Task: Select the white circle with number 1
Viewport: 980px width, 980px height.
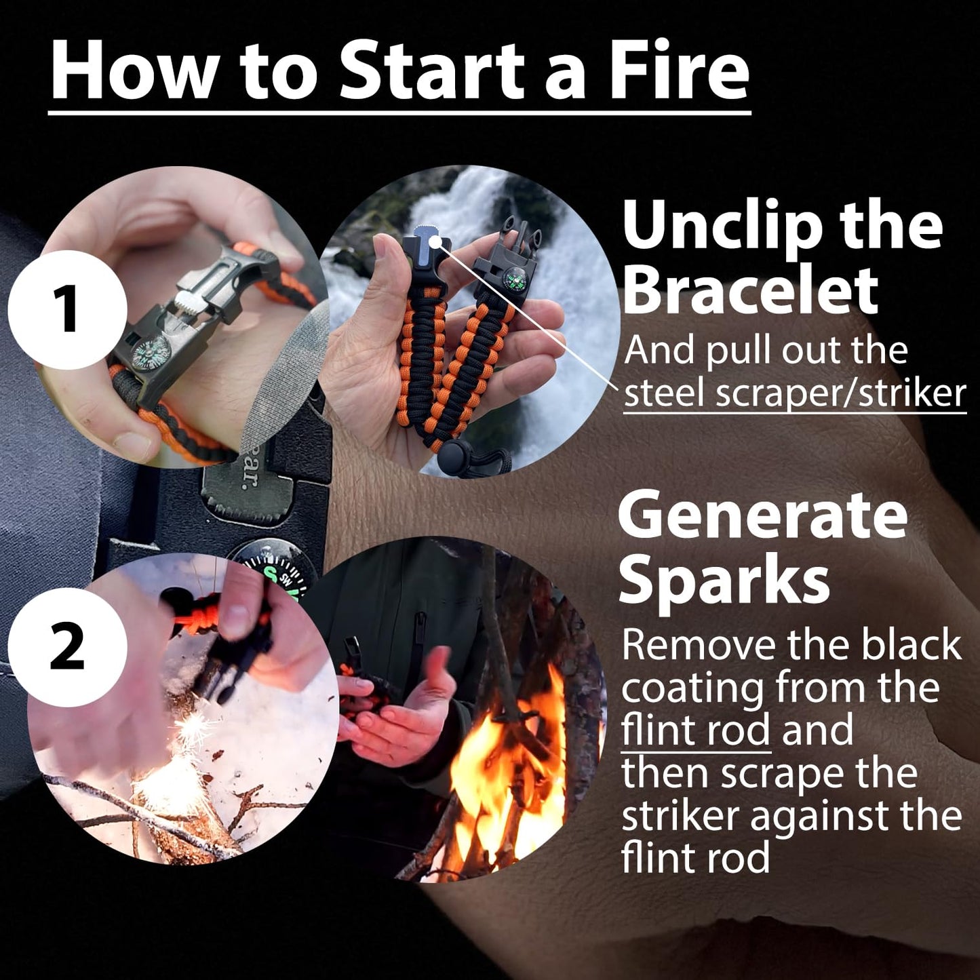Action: tap(68, 309)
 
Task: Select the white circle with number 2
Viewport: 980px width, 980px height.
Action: tap(68, 647)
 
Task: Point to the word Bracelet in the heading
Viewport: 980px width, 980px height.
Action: tap(749, 290)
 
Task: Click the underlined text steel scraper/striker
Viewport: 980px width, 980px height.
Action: tap(794, 393)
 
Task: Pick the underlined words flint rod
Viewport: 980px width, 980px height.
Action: tap(695, 730)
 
